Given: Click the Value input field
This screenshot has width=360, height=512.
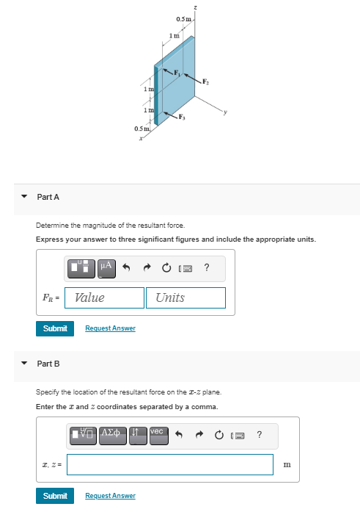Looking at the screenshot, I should (x=104, y=298).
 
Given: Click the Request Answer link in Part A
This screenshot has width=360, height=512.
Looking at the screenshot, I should (x=111, y=328).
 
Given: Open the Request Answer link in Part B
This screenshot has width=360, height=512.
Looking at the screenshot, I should (x=111, y=496).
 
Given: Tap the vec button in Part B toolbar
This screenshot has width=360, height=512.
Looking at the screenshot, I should (x=158, y=434).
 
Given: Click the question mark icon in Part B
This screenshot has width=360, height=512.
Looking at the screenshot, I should (x=259, y=434).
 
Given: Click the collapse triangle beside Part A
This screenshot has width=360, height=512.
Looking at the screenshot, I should (x=23, y=197).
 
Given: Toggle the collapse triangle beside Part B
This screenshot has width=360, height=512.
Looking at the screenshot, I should (x=23, y=364).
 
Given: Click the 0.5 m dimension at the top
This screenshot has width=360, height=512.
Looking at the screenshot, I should (x=183, y=18).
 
